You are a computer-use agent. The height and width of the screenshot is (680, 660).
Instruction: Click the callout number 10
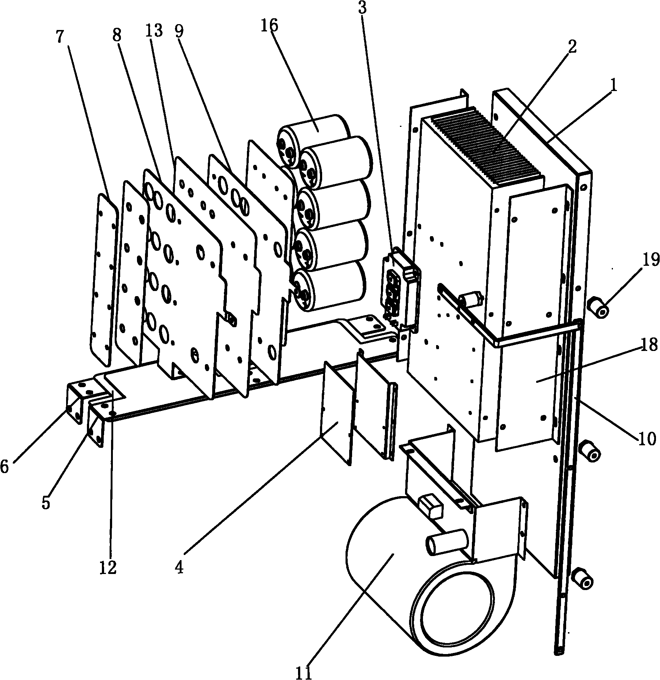(x=647, y=438)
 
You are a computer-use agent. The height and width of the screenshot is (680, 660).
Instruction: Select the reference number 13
(x=154, y=31)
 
